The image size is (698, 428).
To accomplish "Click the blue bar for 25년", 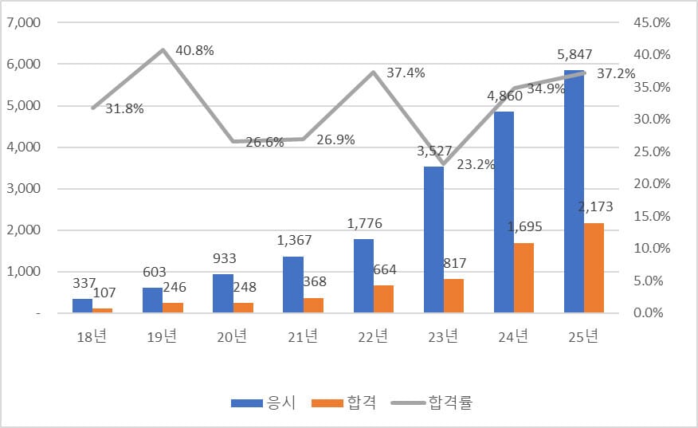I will pos(574,191).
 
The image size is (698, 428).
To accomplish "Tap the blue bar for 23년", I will pos(433,239).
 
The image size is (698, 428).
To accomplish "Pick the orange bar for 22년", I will pos(384,298).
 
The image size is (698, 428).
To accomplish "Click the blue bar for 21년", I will pos(293,285).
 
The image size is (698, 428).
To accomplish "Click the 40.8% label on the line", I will pos(194,50).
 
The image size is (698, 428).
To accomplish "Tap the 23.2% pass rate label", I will pos(476,165).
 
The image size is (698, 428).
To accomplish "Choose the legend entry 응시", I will pos(264,402).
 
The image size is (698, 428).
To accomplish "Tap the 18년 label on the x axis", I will pos(92,336).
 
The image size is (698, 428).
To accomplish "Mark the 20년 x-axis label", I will pos(233,336).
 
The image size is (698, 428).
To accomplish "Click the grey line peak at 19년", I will pos(163,50).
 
